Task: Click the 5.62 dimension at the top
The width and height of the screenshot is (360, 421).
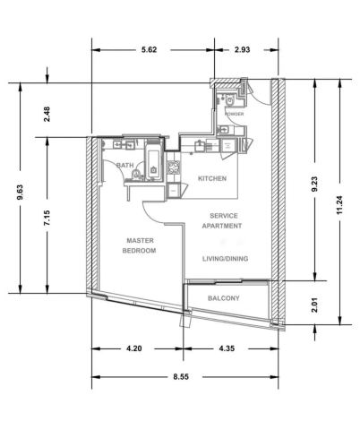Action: (x=149, y=49)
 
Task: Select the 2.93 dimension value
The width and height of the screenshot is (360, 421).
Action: (x=242, y=49)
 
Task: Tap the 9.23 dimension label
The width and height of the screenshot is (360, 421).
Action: (x=314, y=185)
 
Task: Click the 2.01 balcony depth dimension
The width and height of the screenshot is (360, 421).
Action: (x=314, y=305)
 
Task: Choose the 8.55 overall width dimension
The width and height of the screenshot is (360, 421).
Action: (x=181, y=377)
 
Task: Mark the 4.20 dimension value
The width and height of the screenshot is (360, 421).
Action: (x=134, y=348)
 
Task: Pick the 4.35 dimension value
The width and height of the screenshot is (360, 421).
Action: (x=227, y=348)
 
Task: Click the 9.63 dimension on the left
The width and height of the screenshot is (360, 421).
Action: (x=20, y=193)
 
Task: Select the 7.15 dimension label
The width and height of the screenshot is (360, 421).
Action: (x=47, y=219)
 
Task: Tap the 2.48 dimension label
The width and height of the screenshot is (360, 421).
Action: (x=47, y=115)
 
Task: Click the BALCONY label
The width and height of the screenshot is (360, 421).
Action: (x=224, y=298)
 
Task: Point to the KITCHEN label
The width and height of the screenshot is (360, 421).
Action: (x=212, y=178)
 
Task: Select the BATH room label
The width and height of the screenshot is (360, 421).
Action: (x=124, y=166)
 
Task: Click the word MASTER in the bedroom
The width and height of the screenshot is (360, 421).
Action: (x=140, y=240)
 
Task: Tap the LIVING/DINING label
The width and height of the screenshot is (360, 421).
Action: (x=226, y=259)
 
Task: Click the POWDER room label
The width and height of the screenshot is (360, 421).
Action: (x=234, y=114)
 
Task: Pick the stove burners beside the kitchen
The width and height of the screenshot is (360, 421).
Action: (x=174, y=168)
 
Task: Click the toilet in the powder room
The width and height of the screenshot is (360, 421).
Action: (x=230, y=100)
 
